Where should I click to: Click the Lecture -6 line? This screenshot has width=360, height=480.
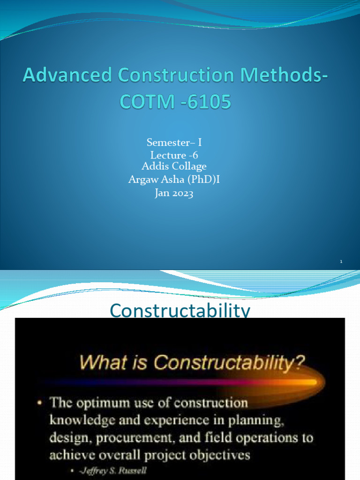pyautogui.click(x=174, y=155)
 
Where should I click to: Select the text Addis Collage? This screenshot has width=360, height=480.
pyautogui.click(x=174, y=166)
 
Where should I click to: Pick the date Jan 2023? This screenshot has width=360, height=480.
pyautogui.click(x=174, y=193)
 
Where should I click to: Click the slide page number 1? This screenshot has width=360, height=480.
pyautogui.click(x=342, y=261)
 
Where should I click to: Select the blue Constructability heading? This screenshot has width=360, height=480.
pyautogui.click(x=180, y=311)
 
